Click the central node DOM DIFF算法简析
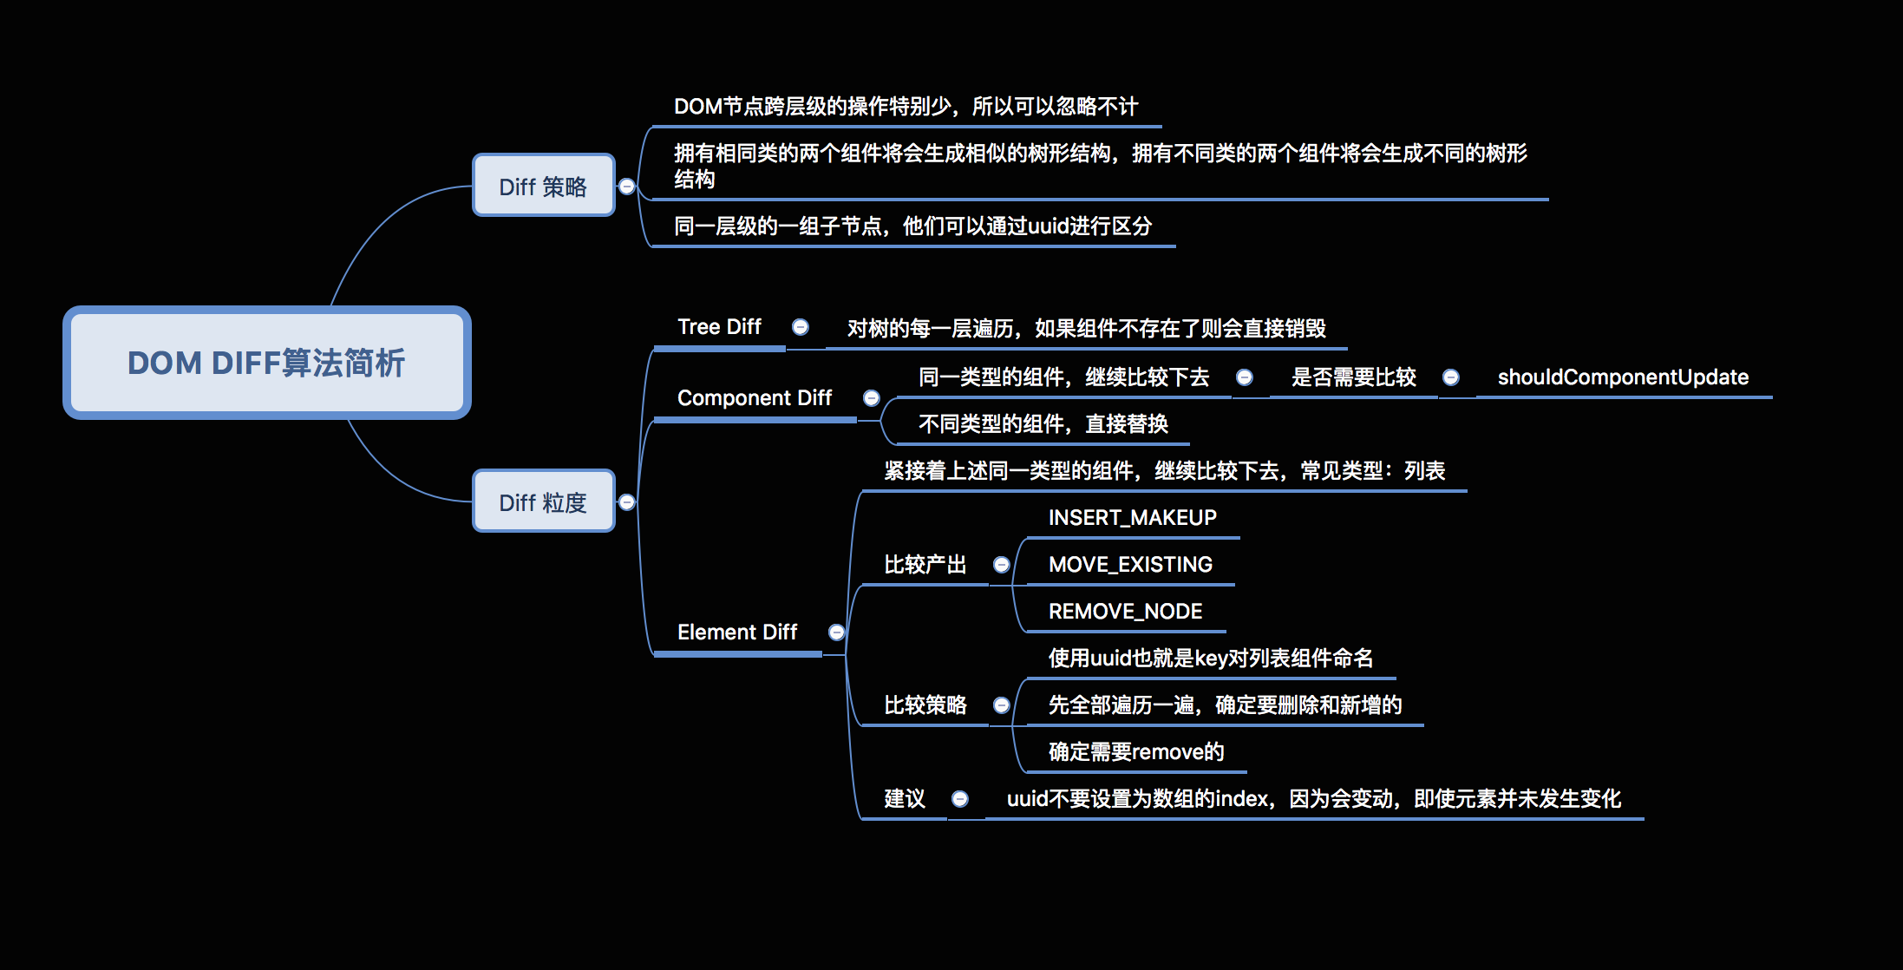[266, 363]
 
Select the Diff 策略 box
[543, 186]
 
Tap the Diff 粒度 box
[543, 501]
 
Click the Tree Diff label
[719, 327]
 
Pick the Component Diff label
[754, 398]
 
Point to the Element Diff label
[736, 632]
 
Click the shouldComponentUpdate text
[1623, 377]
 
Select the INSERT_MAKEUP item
[1132, 518]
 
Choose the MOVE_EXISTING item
[1130, 565]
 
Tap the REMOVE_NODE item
[1125, 612]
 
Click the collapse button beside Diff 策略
[627, 187]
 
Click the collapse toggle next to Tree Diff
[801, 327]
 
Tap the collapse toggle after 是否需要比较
[1451, 377]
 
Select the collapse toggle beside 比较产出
[1002, 565]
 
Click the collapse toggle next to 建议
[960, 799]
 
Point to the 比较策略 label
[925, 705]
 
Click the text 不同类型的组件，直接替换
[1043, 424]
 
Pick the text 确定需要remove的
[1136, 752]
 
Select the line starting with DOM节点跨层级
[906, 107]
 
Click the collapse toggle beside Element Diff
[837, 632]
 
